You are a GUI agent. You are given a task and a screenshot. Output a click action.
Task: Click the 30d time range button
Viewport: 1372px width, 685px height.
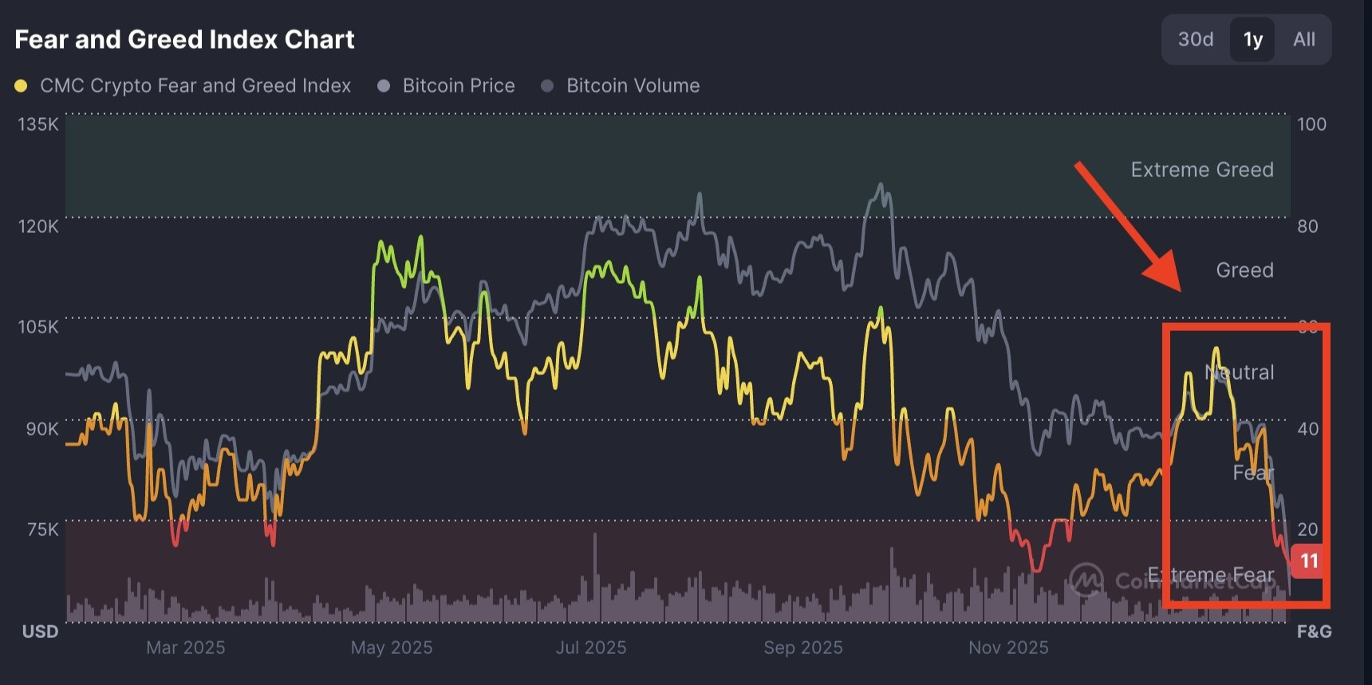[x=1196, y=39]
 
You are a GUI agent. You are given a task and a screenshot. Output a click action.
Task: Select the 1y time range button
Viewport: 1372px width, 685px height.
[x=1252, y=39]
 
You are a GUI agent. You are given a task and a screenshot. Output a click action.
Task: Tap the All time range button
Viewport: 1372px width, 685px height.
[x=1304, y=39]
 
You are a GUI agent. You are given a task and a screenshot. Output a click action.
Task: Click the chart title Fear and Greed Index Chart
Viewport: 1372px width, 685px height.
[x=184, y=39]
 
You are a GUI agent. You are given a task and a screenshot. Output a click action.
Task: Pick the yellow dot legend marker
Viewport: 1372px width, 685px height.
[x=22, y=86]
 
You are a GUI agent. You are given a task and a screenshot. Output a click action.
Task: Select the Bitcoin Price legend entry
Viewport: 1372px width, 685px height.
[x=458, y=86]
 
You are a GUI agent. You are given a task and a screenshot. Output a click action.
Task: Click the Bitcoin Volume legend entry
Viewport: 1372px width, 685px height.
[x=632, y=86]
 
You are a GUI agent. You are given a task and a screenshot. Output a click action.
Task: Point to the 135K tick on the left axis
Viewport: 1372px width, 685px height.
[x=38, y=124]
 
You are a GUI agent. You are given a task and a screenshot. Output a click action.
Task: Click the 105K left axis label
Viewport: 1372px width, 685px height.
[x=38, y=327]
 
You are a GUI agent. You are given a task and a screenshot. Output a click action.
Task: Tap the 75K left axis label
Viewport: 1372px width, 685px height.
[x=43, y=529]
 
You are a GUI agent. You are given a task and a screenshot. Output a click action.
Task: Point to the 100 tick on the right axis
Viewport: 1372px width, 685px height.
[x=1311, y=124]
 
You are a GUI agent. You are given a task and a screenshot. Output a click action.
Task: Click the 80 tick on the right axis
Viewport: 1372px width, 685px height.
[x=1307, y=226]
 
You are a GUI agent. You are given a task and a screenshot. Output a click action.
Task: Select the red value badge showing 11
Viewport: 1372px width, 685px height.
[x=1308, y=561]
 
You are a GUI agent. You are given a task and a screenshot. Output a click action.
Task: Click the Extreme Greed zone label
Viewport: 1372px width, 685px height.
[x=1201, y=170]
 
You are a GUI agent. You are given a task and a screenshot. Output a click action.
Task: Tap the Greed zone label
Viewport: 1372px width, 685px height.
[x=1244, y=270]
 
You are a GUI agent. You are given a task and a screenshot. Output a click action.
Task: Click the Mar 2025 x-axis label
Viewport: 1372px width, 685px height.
[x=185, y=648]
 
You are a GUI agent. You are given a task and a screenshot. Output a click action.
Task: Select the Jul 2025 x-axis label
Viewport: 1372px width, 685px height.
[x=590, y=648]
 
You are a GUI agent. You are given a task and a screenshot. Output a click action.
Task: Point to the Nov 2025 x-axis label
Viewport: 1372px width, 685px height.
[x=1008, y=648]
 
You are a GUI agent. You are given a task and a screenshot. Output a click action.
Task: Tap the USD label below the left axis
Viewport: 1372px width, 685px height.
[x=40, y=632]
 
